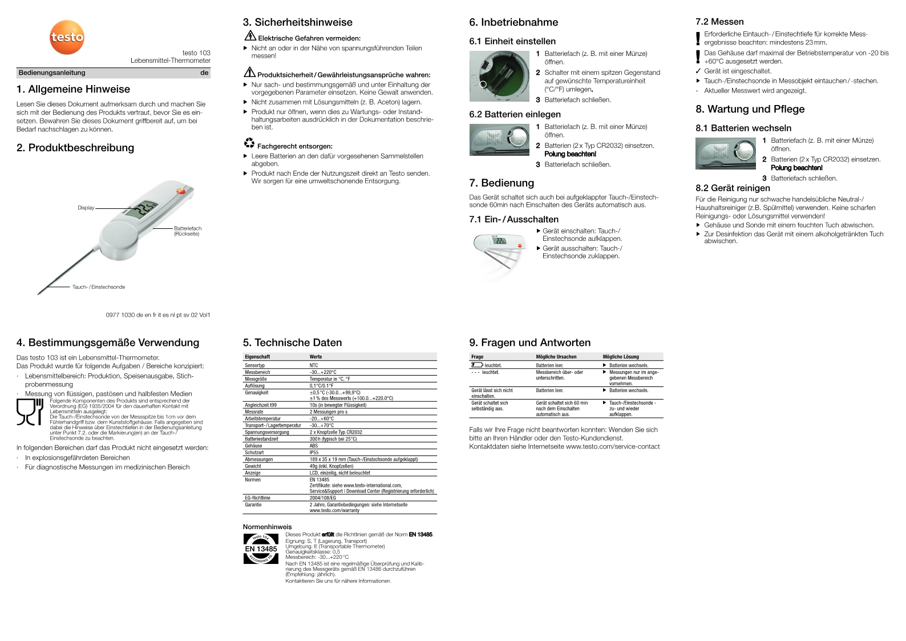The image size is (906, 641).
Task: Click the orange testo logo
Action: pyautogui.click(x=67, y=38)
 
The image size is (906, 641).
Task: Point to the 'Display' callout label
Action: pyautogui.click(x=86, y=208)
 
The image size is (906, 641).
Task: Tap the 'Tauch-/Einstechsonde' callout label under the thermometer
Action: pyautogui.click(x=99, y=287)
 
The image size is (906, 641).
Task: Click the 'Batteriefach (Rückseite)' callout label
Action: pyautogui.click(x=188, y=231)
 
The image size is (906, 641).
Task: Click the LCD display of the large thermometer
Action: pyautogui.click(x=140, y=209)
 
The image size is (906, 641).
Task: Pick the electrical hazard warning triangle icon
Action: pyautogui.click(x=250, y=36)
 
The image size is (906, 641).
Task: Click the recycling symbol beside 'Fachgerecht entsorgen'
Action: pyautogui.click(x=249, y=143)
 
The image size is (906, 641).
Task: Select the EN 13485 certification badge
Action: pyautogui.click(x=261, y=549)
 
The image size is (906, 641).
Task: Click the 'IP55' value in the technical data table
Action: pyautogui.click(x=314, y=453)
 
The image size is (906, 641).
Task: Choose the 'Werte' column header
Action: pyautogui.click(x=316, y=357)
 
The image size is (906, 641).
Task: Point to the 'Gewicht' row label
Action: pyautogui.click(x=253, y=466)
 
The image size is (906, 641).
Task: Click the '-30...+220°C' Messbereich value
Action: pyautogui.click(x=323, y=372)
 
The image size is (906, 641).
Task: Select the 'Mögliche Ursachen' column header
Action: pyautogui.click(x=556, y=357)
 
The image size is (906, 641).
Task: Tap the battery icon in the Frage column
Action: pyautogui.click(x=477, y=365)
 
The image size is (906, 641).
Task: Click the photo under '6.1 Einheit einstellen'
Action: pyautogui.click(x=499, y=76)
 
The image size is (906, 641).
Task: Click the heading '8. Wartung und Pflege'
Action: pyautogui.click(x=750, y=110)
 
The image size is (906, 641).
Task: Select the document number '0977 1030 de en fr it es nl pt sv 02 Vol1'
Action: pyautogui.click(x=158, y=315)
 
